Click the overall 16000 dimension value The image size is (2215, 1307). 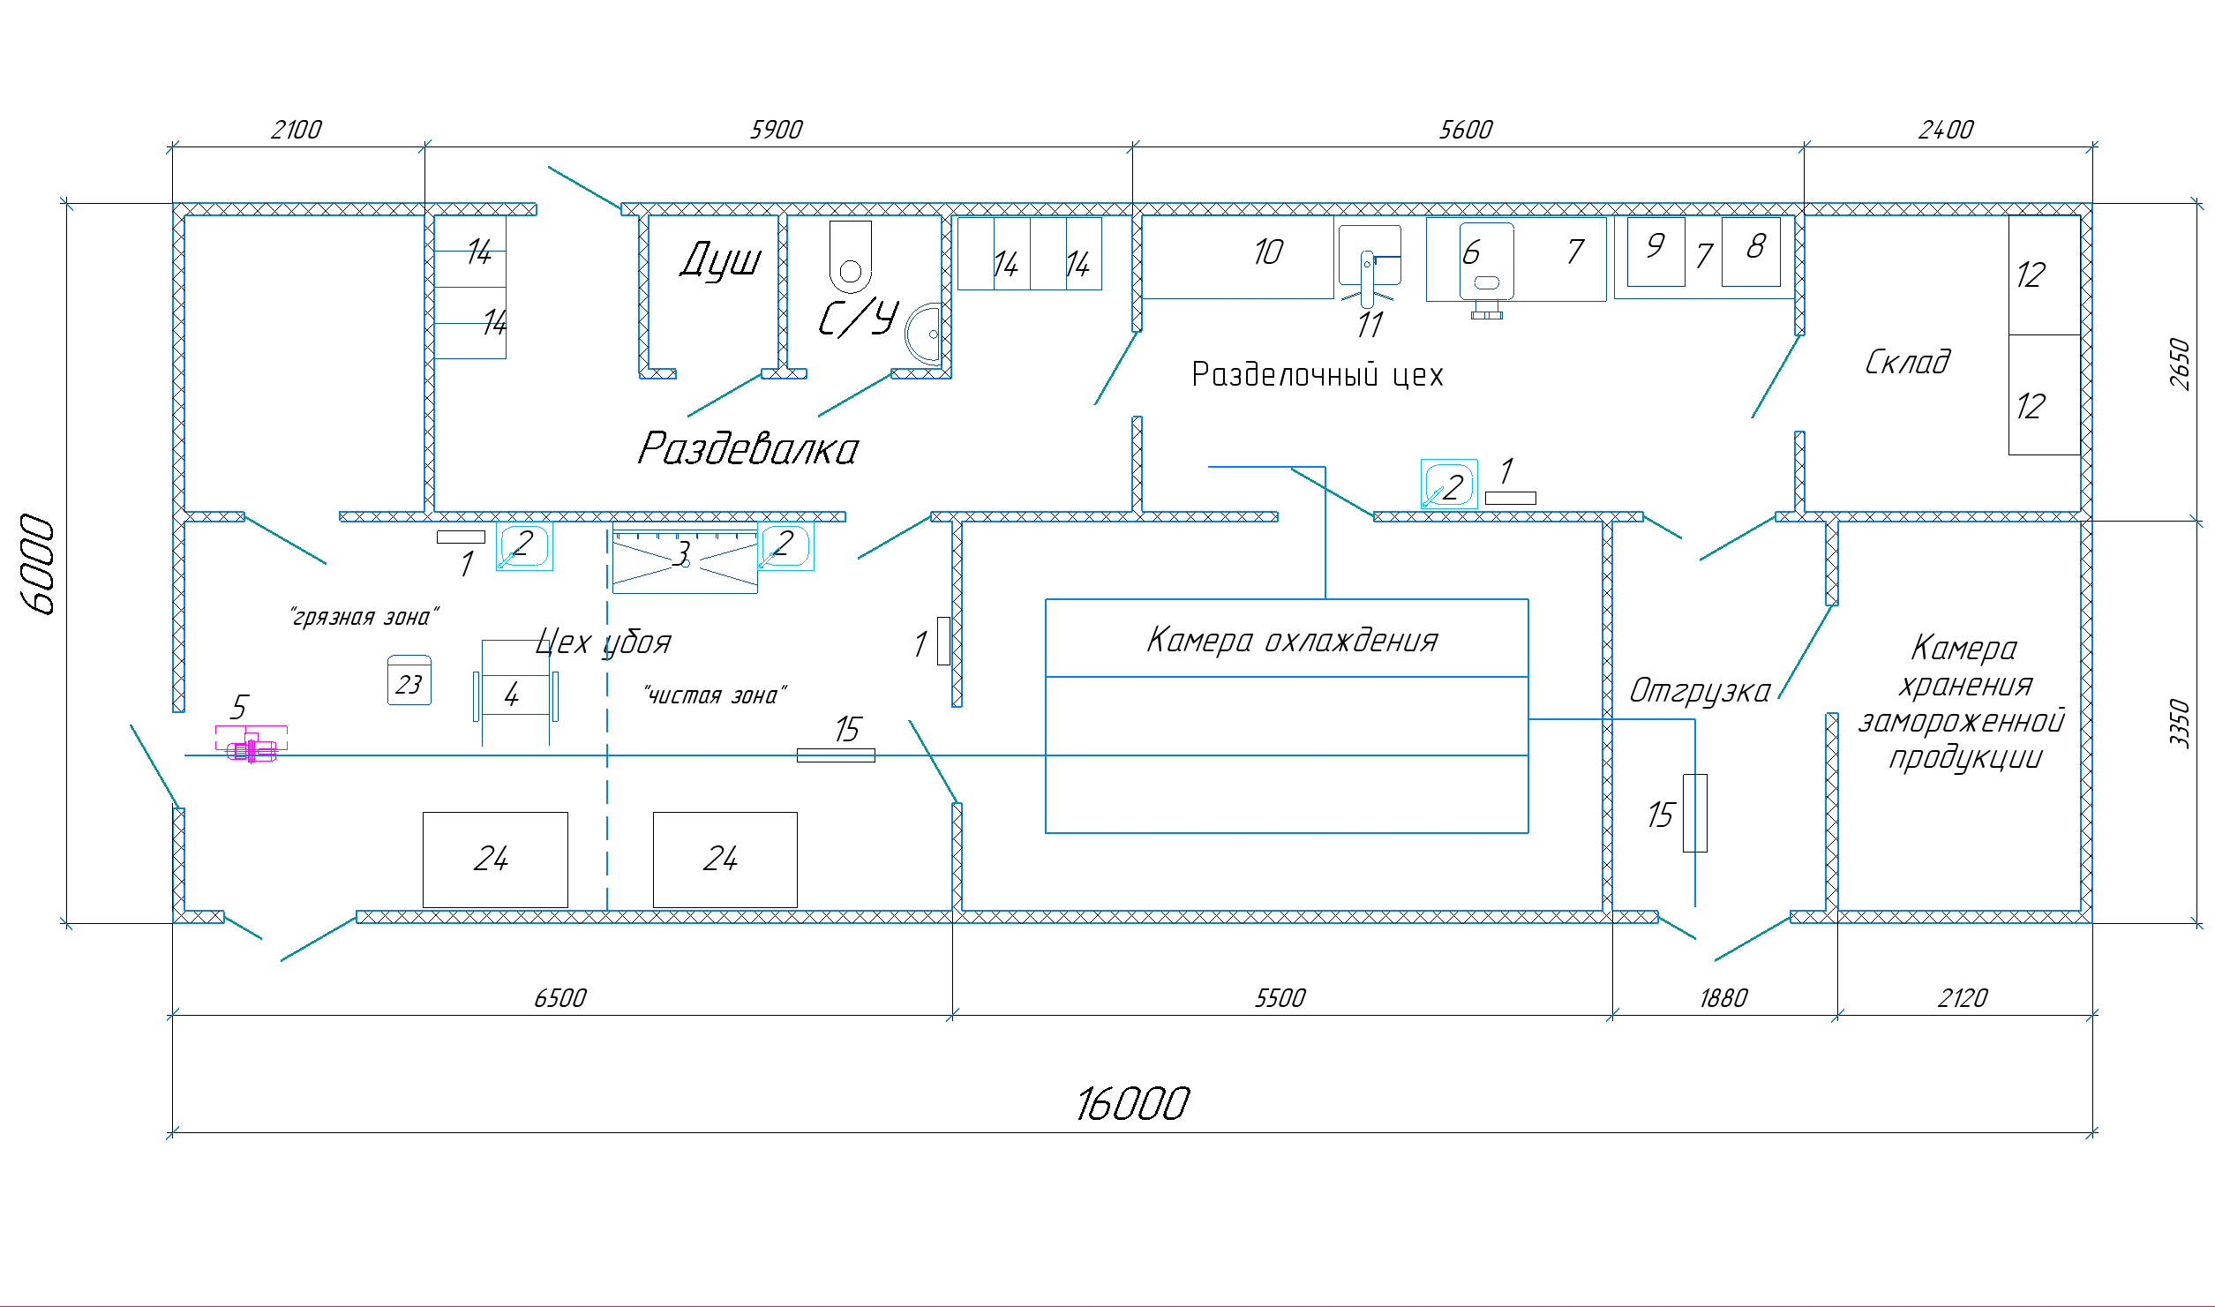pos(1132,1104)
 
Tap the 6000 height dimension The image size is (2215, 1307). pos(38,564)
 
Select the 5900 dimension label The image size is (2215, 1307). pos(776,130)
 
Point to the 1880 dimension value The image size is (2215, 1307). pos(1723,998)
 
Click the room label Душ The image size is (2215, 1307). pos(720,259)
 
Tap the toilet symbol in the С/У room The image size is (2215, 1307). pos(851,257)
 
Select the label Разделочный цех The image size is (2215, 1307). pos(1317,375)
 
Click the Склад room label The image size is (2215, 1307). pos(1907,362)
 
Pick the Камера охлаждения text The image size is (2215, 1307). pos(1292,640)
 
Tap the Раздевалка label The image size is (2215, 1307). pos(747,448)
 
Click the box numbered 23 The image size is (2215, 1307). pos(409,680)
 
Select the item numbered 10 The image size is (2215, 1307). pos(1237,258)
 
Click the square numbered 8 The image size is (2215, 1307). pos(1751,252)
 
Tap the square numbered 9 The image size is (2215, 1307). pos(1656,252)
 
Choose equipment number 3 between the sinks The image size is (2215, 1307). pos(685,558)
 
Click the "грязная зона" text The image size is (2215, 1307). pos(364,617)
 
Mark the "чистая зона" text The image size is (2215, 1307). pos(715,695)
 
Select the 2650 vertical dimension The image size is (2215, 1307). pos(2180,363)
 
